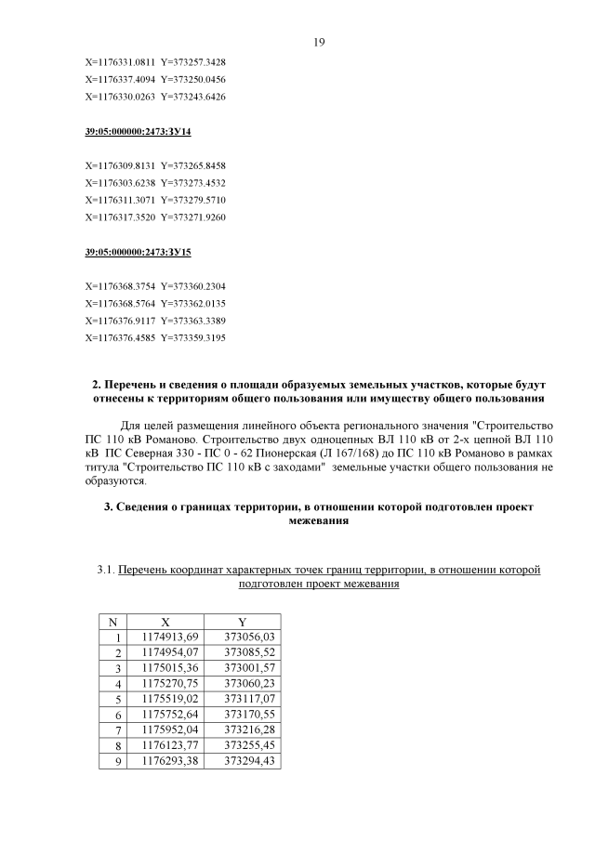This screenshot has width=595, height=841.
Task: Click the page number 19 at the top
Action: [318, 42]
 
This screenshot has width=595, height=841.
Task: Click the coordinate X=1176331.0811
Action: [120, 62]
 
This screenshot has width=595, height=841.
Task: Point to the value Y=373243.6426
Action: [193, 96]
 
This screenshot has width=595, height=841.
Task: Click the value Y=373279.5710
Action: [193, 199]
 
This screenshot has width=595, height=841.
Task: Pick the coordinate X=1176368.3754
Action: [120, 285]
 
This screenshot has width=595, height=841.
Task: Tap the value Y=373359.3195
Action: [193, 336]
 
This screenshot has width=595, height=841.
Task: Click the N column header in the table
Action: [112, 621]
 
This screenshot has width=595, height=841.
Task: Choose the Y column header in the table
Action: [242, 621]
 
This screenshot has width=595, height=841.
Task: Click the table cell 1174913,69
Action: [169, 637]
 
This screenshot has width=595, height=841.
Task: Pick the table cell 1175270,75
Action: [169, 683]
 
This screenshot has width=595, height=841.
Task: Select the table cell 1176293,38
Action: [169, 761]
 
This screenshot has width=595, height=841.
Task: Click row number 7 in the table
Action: [118, 729]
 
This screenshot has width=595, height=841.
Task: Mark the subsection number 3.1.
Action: [106, 569]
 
